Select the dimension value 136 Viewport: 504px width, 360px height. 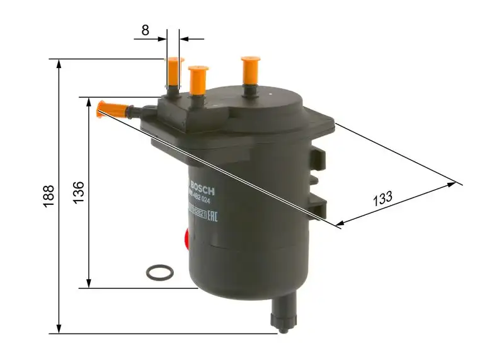click(x=79, y=192)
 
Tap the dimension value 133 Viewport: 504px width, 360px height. click(x=383, y=199)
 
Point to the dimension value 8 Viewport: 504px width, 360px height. click(x=146, y=29)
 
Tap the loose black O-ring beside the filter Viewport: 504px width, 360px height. click(x=159, y=272)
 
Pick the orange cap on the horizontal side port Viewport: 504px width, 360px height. click(x=110, y=109)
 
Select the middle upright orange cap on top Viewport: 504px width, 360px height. click(x=198, y=79)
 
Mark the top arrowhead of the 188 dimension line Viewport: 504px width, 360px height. click(x=59, y=64)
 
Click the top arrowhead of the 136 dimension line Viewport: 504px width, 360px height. click(x=89, y=102)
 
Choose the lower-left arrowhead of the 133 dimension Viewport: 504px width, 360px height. click(x=340, y=223)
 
